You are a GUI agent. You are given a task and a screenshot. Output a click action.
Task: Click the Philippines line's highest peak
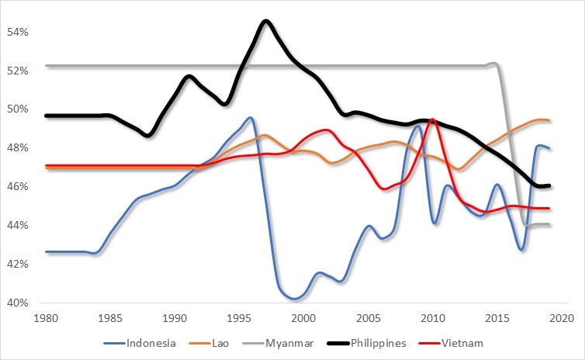pos(266,21)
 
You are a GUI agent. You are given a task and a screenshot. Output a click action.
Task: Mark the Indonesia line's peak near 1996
pos(250,118)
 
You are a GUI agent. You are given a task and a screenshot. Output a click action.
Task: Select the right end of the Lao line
pos(549,120)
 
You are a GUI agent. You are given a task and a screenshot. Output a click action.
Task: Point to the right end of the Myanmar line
pos(549,224)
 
